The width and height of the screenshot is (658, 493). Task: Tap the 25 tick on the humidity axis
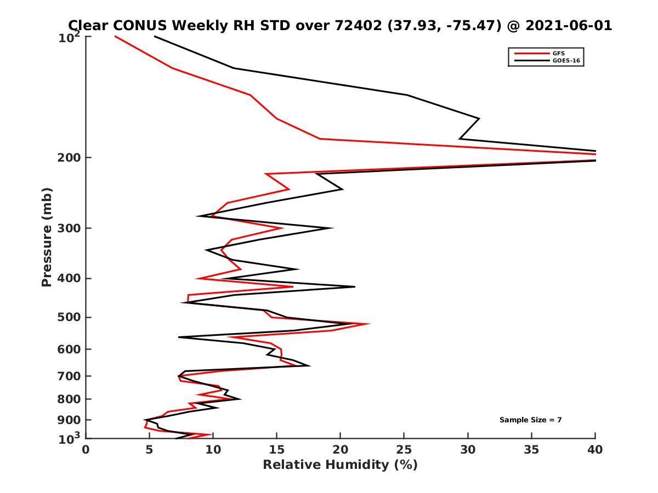tap(404, 450)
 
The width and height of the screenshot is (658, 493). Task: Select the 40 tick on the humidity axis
tap(595, 450)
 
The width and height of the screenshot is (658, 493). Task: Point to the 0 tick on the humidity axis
tap(86, 450)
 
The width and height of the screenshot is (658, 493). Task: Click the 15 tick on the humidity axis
tap(276, 450)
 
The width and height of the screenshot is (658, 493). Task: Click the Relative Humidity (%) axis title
tap(340, 465)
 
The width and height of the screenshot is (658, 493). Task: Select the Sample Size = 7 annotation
tap(530, 420)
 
